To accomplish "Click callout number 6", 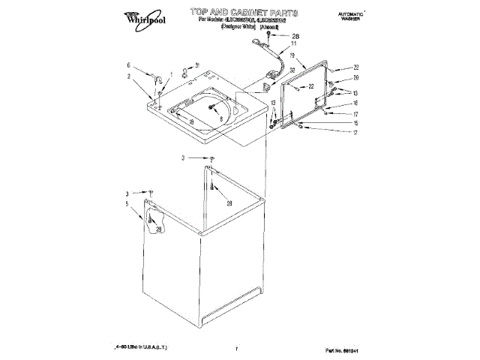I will coord(128,65).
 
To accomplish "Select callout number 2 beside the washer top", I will coord(128,76).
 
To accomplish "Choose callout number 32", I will coord(292,70).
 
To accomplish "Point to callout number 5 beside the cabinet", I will coord(127,204).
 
